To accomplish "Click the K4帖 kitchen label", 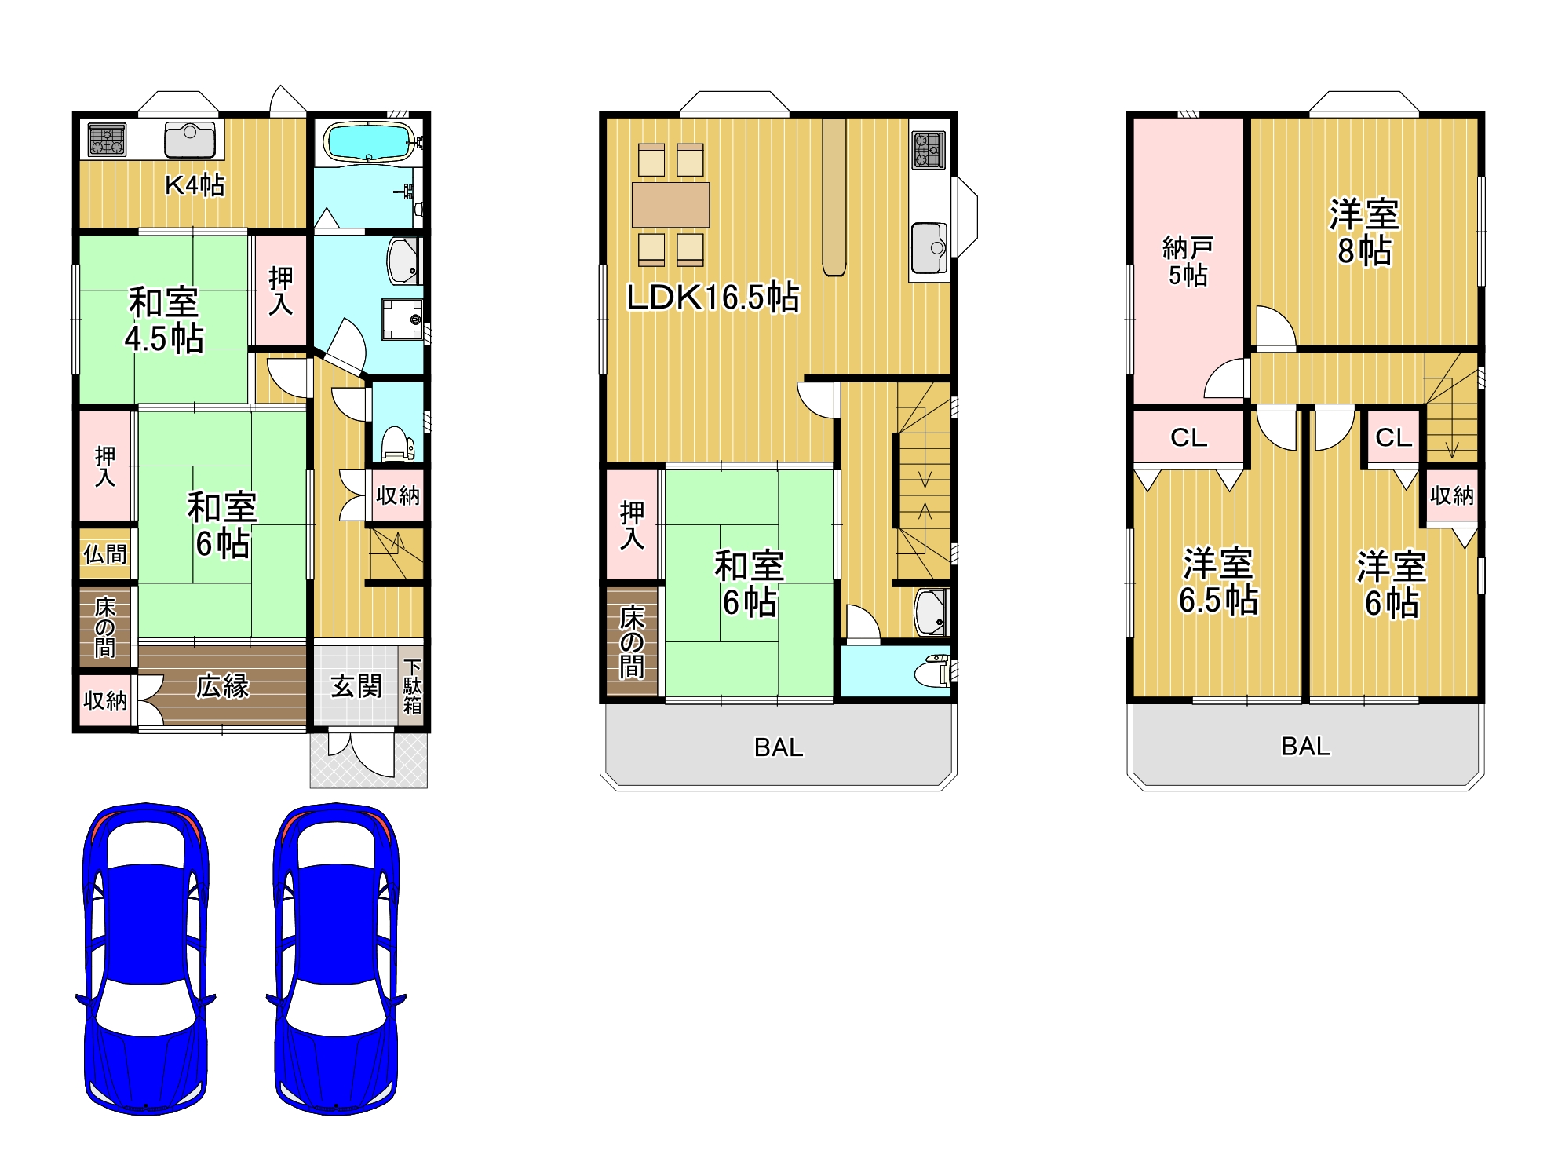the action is click(195, 185).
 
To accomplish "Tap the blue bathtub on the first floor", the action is click(368, 141).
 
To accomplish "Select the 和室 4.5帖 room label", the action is click(164, 320).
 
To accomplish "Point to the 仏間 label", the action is click(105, 554).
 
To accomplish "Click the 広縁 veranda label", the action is click(222, 686).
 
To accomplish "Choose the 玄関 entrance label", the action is click(356, 686).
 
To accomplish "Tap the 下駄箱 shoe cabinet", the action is click(412, 686).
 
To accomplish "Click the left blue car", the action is click(146, 959).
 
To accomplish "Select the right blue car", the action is click(336, 959).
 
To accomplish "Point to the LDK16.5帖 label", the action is click(713, 298).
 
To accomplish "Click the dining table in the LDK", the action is click(671, 205).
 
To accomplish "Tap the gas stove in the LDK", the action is click(929, 150).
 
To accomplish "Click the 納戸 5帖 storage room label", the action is click(1188, 261).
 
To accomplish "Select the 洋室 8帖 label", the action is click(1364, 232).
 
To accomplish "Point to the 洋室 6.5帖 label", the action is click(1218, 582).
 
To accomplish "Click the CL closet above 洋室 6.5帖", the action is click(1189, 437).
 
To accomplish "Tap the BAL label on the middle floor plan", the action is click(779, 747).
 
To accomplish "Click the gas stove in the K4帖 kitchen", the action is click(107, 141).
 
